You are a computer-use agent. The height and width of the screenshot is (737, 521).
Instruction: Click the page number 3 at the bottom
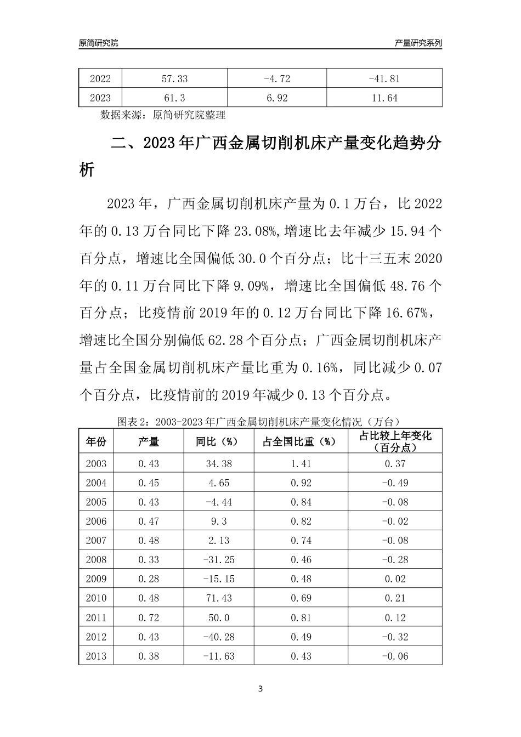coord(260,689)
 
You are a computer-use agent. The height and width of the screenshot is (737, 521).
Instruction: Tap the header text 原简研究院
coord(99,43)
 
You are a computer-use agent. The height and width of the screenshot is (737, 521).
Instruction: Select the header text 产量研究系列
coord(418,43)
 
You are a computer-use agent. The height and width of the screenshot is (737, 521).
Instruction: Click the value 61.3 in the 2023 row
coord(174,98)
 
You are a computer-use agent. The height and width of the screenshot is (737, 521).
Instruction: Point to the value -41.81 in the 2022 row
coord(384,79)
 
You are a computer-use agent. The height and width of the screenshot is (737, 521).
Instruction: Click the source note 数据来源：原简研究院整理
coord(163,115)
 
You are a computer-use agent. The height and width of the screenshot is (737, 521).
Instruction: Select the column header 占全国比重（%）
coord(301,441)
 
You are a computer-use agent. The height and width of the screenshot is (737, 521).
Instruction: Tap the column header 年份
coord(97,441)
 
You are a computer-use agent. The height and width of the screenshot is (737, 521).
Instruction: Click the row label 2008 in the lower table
coord(97,560)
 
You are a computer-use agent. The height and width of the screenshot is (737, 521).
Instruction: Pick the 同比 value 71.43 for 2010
coord(218,598)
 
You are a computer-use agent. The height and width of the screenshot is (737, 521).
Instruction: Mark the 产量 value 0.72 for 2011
coord(148,618)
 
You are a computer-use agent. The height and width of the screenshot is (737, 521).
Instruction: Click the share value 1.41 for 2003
coord(301,464)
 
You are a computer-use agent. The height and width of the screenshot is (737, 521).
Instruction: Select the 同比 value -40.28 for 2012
coord(218,637)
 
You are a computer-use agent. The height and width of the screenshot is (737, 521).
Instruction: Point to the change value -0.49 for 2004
coord(395,483)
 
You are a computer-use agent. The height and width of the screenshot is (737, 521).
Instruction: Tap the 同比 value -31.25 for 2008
coord(218,560)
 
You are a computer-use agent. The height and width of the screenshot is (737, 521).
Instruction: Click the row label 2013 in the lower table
coord(97,656)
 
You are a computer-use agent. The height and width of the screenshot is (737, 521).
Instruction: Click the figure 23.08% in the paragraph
coord(254,231)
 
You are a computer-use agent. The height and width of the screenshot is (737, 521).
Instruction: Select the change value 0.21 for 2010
coord(395,598)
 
